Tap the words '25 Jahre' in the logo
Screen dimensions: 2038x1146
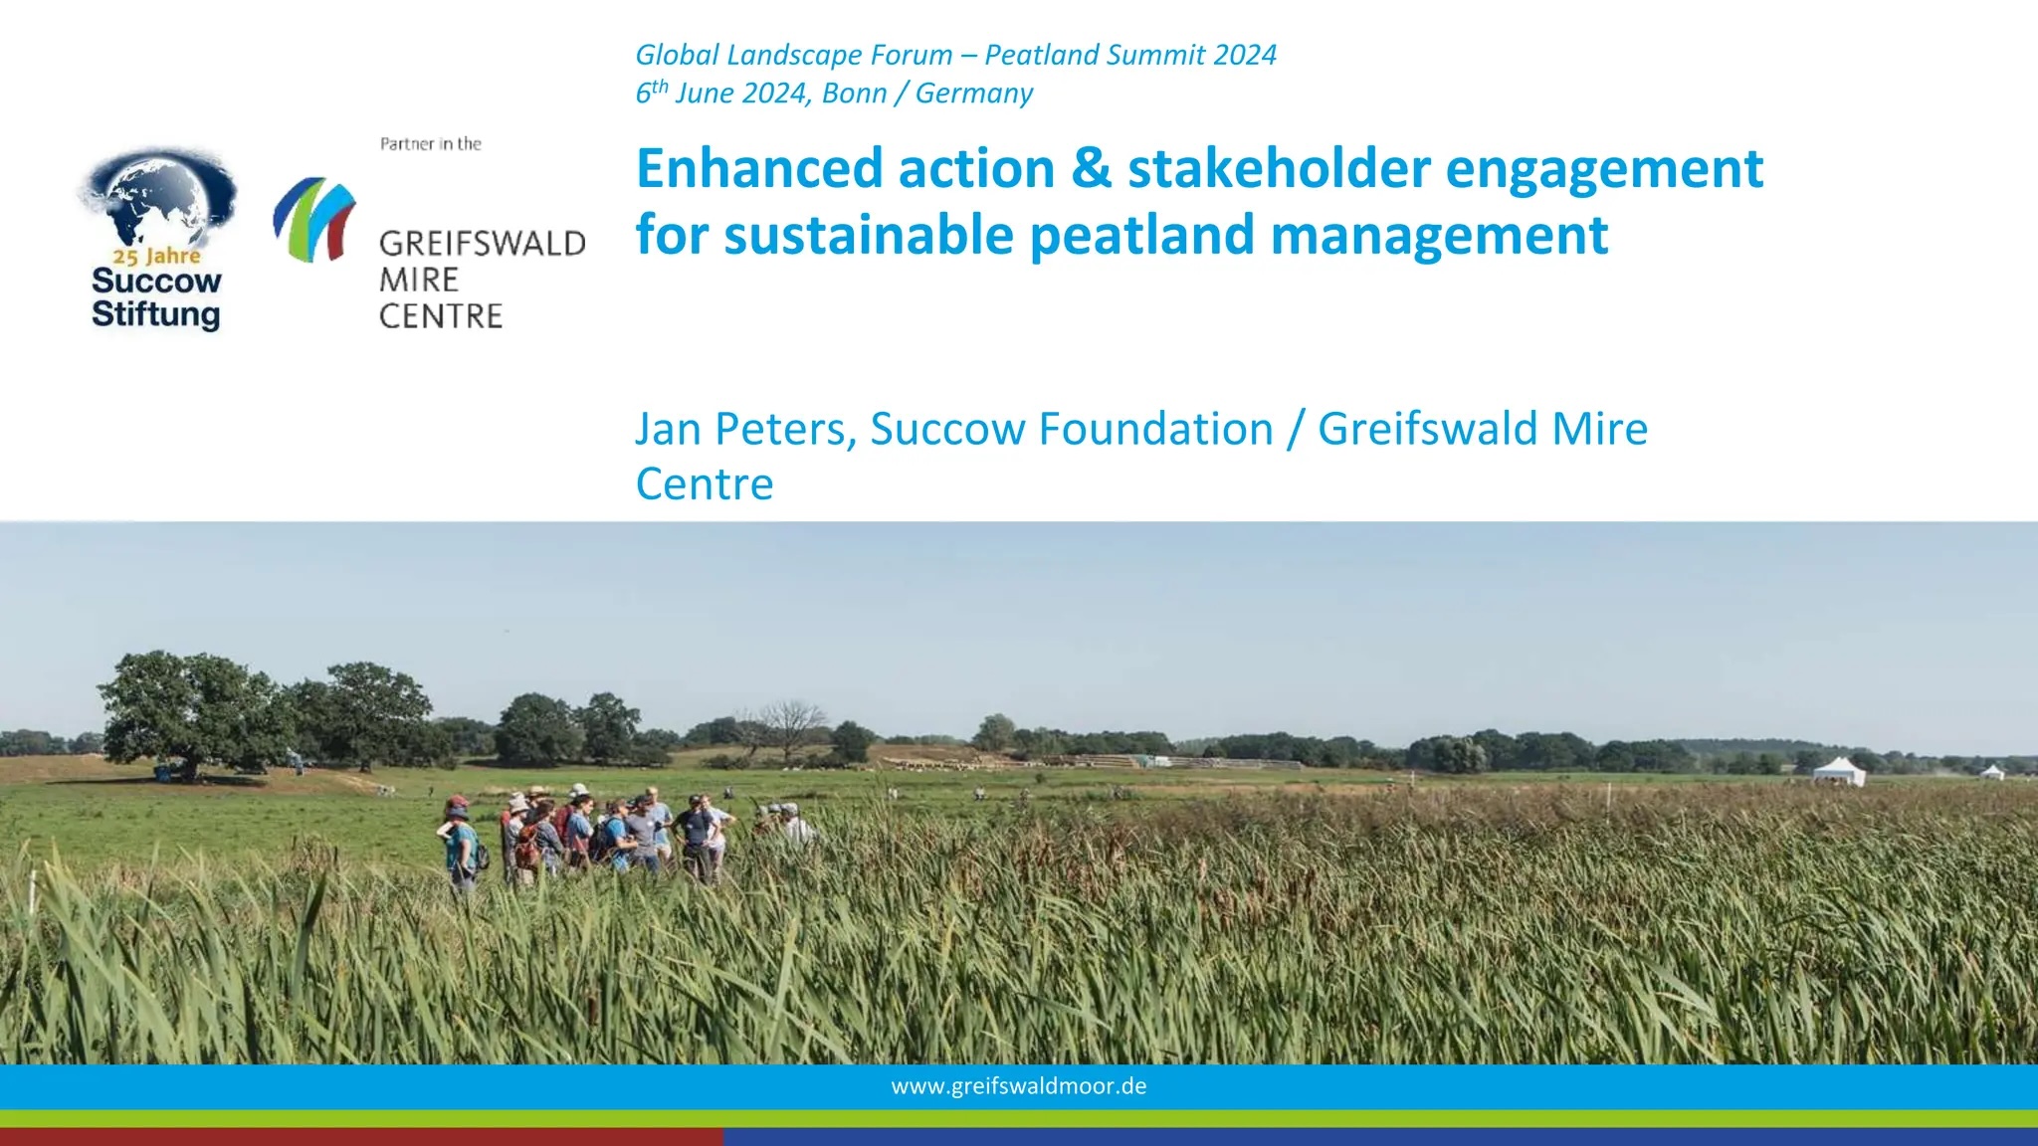click(156, 257)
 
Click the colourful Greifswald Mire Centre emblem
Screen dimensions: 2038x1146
click(313, 219)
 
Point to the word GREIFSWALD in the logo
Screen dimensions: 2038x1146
click(482, 244)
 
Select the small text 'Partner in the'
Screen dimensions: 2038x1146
click(431, 144)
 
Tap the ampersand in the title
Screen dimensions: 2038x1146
click(1091, 168)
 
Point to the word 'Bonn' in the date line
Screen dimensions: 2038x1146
click(854, 94)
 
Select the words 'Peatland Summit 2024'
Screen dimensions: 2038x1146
click(1130, 55)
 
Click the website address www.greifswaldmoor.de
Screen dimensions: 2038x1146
click(1019, 1086)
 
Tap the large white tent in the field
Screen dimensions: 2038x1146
click(1839, 771)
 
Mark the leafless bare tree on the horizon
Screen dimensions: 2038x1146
click(790, 723)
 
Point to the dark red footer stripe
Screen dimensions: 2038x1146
click(361, 1137)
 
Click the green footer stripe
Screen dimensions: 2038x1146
click(1019, 1119)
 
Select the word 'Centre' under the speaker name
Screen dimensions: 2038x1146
click(705, 484)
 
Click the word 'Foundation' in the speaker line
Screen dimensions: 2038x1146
click(1155, 430)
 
